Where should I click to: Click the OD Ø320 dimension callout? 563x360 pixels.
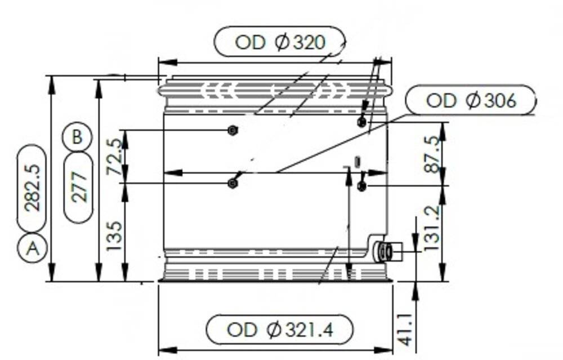pos(280,42)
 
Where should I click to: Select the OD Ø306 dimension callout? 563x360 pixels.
pos(471,101)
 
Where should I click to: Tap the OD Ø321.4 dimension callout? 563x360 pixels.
pos(279,329)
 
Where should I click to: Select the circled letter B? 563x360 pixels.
pos(78,137)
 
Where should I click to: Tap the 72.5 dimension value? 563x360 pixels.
pos(114,158)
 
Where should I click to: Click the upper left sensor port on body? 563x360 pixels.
pos(232,131)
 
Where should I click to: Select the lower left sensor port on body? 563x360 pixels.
pos(232,183)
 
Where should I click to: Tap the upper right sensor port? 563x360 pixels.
pos(362,121)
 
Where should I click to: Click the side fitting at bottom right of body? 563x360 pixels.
pos(387,251)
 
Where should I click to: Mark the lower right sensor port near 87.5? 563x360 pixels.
pos(362,186)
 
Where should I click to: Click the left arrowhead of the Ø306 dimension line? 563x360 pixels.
pos(168,172)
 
